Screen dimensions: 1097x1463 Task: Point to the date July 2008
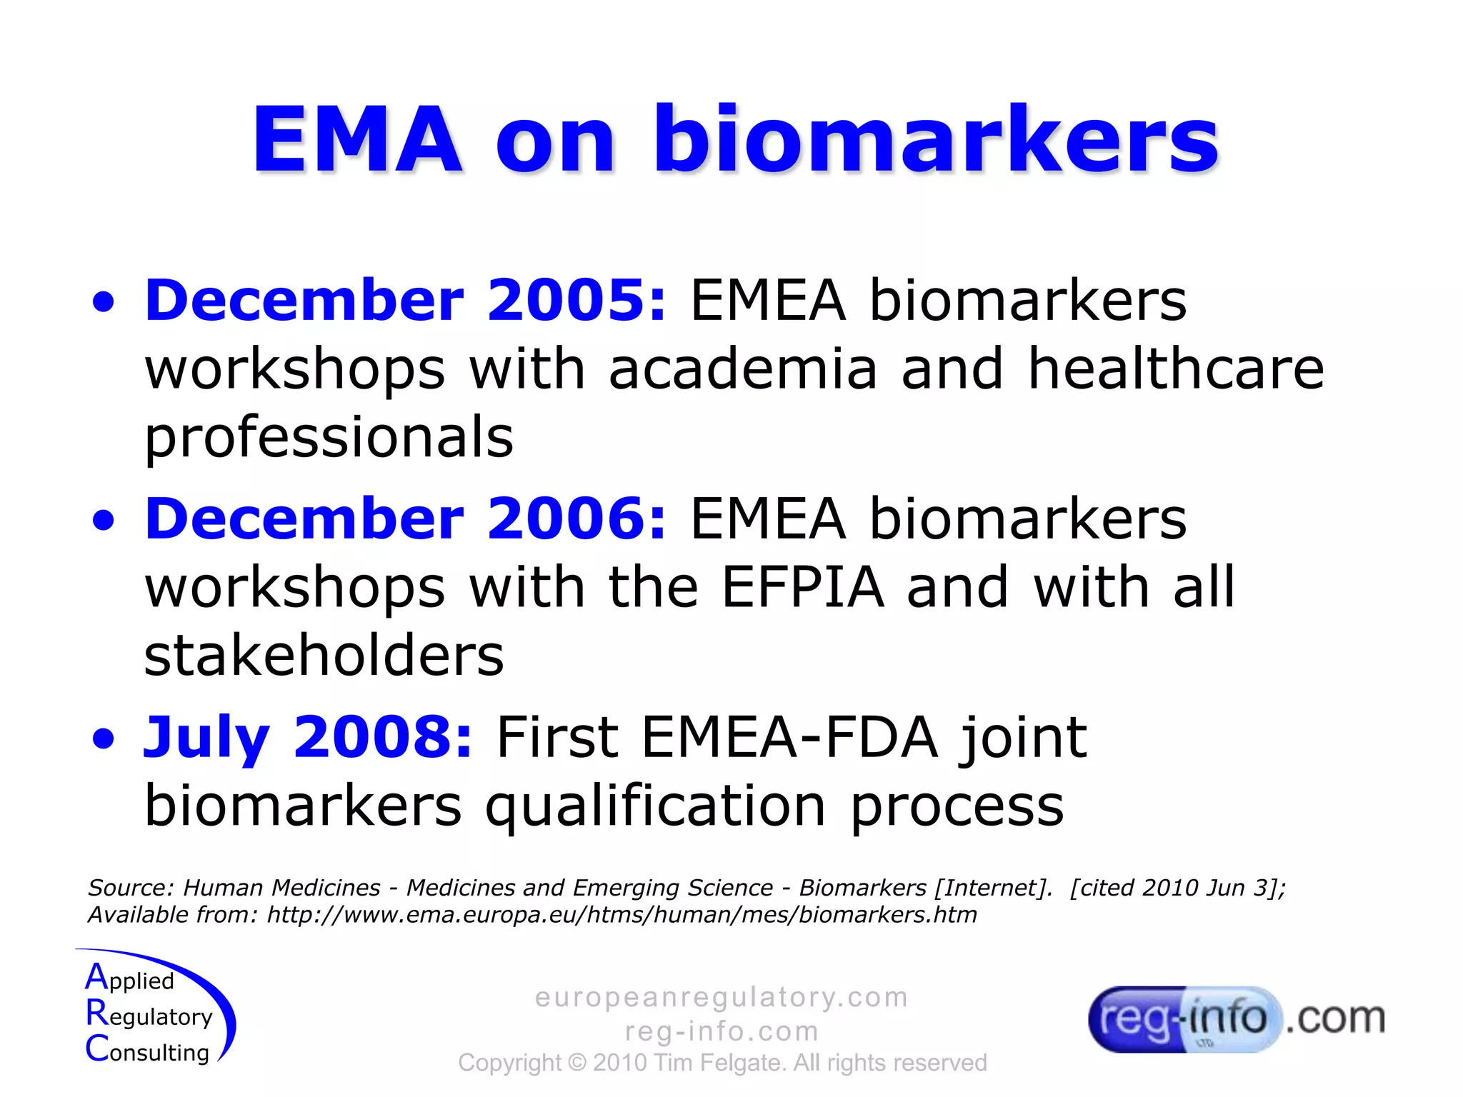point(307,737)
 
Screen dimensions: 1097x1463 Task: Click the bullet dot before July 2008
point(104,740)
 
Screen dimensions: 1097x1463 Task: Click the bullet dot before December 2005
point(104,303)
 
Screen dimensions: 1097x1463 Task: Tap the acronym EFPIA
point(803,587)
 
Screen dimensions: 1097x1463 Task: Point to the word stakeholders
point(324,656)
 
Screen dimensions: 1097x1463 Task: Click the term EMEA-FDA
point(789,737)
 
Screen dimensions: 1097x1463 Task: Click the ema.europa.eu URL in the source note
point(621,915)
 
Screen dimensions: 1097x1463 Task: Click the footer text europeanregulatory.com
point(721,997)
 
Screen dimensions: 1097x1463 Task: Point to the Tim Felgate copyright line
point(721,1063)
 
